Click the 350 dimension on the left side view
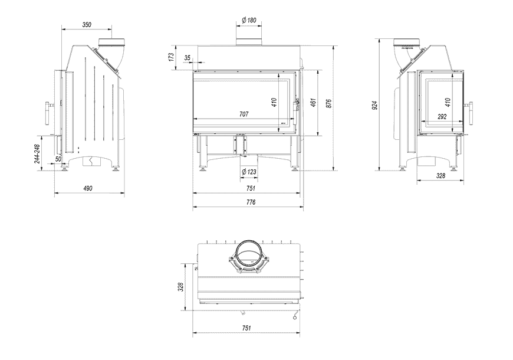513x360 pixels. pos(87,25)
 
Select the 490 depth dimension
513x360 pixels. pos(88,188)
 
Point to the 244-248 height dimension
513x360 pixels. pos(37,154)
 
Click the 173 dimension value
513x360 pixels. pos(171,57)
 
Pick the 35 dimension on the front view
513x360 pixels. pos(188,58)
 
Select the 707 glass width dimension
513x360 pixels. pos(244,114)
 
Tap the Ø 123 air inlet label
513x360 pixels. pos(249,172)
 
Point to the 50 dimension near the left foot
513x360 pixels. pos(58,159)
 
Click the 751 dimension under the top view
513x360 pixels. pos(246,328)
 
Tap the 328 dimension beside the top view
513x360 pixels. pos(181,287)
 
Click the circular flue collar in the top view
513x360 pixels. pos(248,255)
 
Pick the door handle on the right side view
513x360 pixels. pos(471,113)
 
